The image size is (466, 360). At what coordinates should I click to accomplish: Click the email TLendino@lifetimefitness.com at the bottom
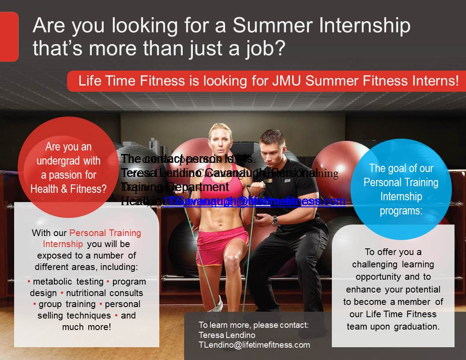tap(254, 345)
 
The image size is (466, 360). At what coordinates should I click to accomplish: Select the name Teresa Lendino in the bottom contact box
tap(227, 335)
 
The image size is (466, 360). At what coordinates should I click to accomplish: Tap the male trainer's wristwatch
tap(275, 221)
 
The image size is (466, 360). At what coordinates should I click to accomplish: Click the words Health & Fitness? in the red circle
tap(68, 189)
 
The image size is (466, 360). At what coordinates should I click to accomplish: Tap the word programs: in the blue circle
tap(401, 210)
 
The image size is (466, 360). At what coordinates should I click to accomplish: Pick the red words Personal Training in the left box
tap(105, 233)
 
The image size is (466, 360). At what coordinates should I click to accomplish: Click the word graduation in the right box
tap(417, 327)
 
